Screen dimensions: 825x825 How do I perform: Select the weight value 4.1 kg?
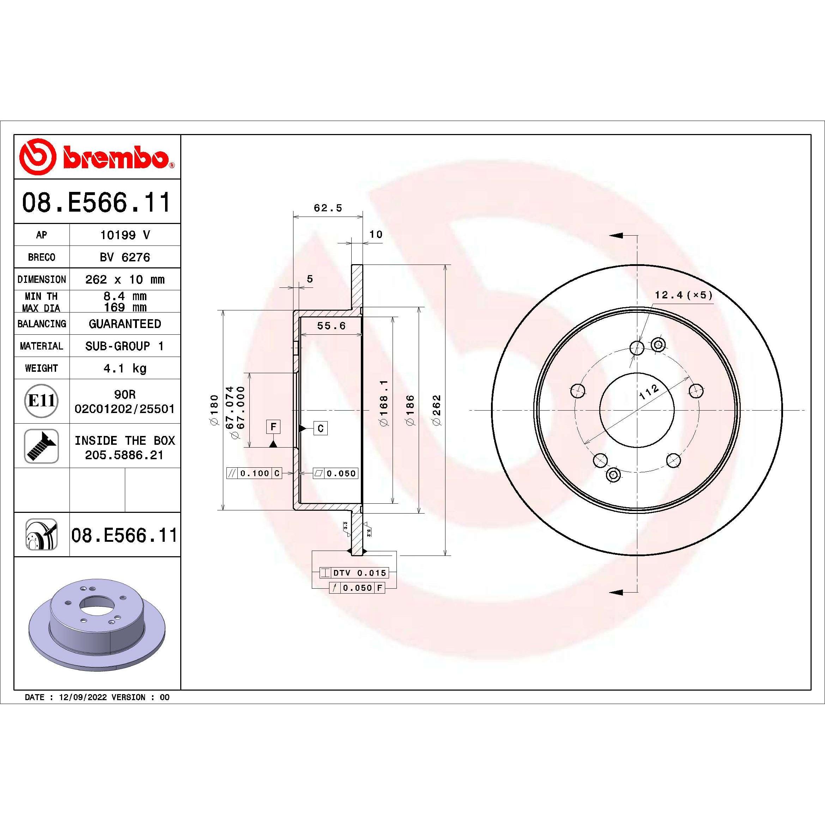pyautogui.click(x=125, y=368)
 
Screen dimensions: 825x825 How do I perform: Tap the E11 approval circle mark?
pyautogui.click(x=41, y=401)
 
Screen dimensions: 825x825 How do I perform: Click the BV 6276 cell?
pyautogui.click(x=125, y=257)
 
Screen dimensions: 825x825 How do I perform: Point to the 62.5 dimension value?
pyautogui.click(x=328, y=208)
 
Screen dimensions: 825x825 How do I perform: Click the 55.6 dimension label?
pyautogui.click(x=331, y=326)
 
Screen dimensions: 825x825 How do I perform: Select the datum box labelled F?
pyautogui.click(x=273, y=426)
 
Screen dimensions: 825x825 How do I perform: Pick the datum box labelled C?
pyautogui.click(x=321, y=428)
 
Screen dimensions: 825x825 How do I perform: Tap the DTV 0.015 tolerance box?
pyautogui.click(x=354, y=572)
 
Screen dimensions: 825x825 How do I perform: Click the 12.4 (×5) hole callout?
pyautogui.click(x=684, y=295)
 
